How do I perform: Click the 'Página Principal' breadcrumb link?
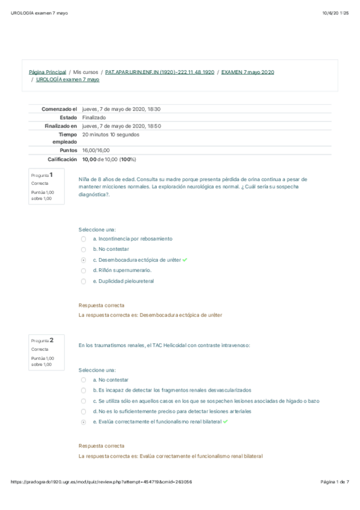[47, 72]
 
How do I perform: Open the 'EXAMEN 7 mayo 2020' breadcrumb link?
[248, 72]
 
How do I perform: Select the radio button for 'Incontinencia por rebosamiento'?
[84, 239]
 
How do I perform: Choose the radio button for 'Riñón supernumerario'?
[84, 270]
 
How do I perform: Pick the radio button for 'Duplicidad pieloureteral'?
[84, 280]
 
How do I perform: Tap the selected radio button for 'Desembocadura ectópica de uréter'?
[84, 260]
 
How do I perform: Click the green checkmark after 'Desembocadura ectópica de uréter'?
[185, 260]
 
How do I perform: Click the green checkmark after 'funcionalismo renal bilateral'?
[225, 422]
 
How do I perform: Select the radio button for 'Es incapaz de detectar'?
[84, 390]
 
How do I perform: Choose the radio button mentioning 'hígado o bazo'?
[84, 401]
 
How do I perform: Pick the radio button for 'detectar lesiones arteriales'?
[84, 411]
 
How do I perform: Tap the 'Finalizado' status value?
[94, 118]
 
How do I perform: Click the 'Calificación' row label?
[62, 159]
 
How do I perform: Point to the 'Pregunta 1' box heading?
[42, 174]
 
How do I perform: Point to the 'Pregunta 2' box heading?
[42, 340]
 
